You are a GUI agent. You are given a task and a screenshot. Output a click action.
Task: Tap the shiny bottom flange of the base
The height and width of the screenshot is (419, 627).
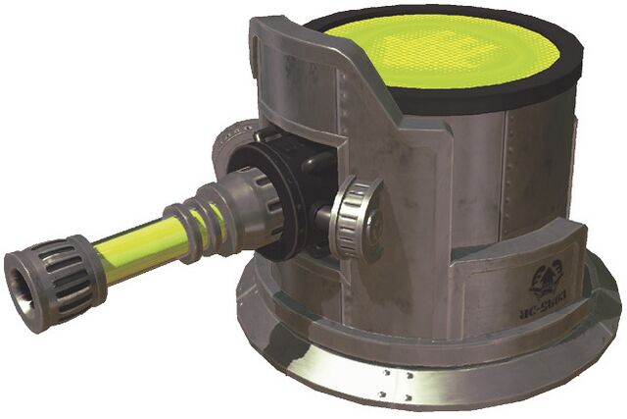tap(411, 389)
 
